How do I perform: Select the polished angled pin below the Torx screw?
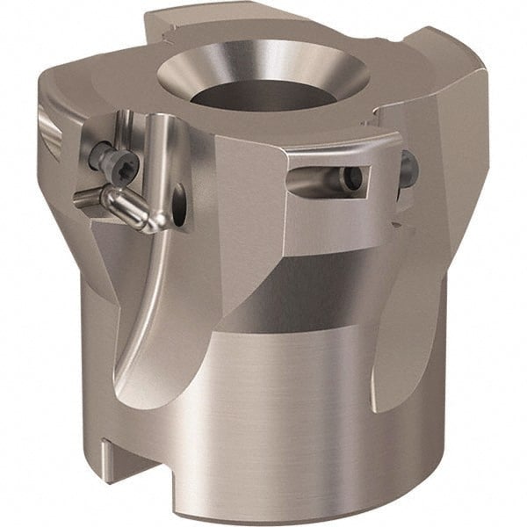click(x=132, y=208)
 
